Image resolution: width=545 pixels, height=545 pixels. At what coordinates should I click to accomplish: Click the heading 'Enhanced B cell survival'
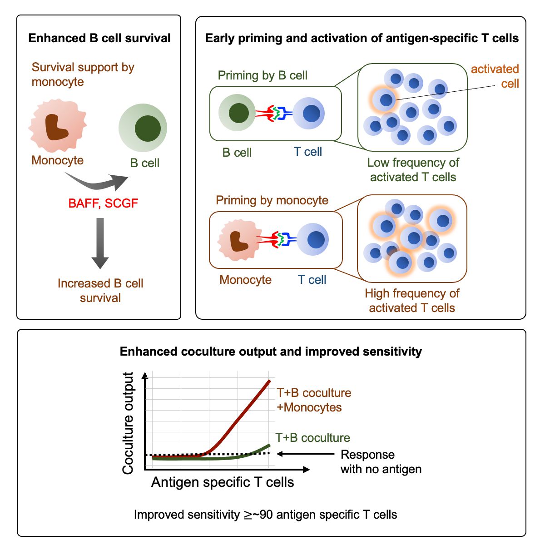point(99,38)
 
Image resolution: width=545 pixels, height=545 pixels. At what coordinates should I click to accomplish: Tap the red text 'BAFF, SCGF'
point(103,203)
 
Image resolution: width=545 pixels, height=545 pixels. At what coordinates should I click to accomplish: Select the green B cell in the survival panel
point(143,128)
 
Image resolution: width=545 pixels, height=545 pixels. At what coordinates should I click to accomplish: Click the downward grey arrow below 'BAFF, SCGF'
point(100,243)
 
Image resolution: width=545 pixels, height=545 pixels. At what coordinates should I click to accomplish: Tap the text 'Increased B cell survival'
point(100,291)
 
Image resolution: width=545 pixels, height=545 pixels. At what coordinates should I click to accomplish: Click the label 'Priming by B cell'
point(263,75)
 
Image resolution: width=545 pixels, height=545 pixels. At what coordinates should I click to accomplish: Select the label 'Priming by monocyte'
point(272,200)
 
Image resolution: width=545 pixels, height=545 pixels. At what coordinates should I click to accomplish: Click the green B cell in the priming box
point(237,113)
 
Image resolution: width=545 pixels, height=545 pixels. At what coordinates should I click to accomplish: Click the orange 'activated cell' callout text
point(495,76)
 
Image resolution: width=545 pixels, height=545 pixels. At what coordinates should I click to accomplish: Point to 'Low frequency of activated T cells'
point(413,170)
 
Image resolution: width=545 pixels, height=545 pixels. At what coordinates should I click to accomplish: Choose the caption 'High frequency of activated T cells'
point(412,301)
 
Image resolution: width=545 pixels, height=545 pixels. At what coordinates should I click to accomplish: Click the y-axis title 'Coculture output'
point(128,423)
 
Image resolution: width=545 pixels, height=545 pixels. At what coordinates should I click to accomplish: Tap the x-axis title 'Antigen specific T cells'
point(223,482)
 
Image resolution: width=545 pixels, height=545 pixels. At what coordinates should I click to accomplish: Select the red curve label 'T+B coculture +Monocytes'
point(314,400)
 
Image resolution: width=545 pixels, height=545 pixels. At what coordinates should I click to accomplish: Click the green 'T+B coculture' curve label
point(313,438)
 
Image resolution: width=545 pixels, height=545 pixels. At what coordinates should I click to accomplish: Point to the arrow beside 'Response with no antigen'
point(305,454)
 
